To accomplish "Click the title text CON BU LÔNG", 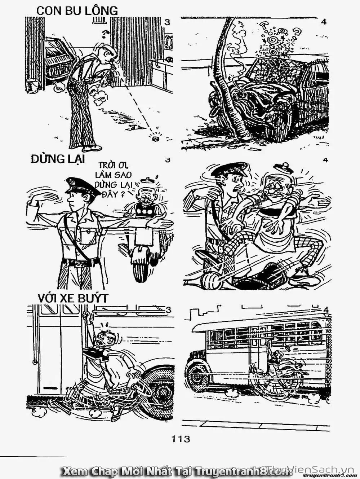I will pos(77,10).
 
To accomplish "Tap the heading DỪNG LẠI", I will pos(58,159).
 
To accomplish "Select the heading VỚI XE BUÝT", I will pos(73,298).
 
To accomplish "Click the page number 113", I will pos(180,439).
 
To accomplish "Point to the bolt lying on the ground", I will pos(156,137).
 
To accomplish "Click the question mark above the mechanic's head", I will pos(105,34).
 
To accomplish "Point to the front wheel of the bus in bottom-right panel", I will pos(198,377).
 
